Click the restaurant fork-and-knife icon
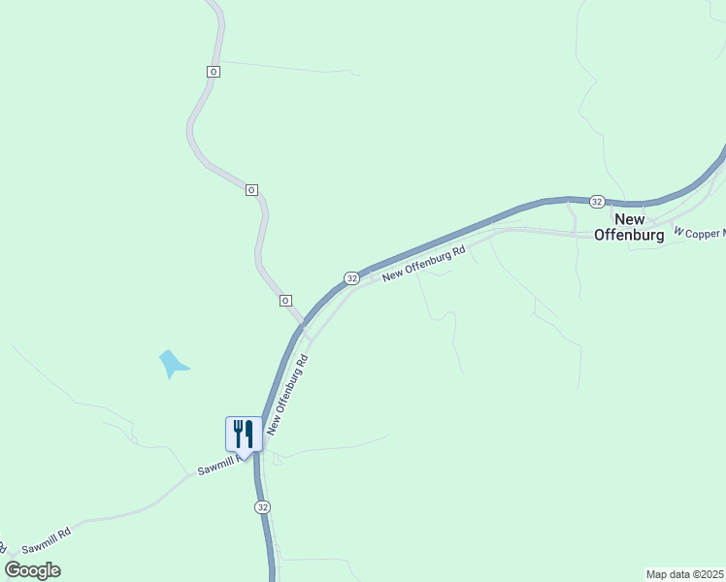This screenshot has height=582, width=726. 243,434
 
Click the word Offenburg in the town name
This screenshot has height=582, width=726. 629,235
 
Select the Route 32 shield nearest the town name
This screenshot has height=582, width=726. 597,201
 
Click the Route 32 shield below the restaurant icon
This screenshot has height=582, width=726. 263,507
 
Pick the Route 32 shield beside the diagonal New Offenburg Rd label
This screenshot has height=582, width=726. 351,278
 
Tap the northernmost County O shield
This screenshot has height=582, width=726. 214,72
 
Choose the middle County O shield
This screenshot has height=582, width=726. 251,190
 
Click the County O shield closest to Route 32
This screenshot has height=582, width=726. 286,301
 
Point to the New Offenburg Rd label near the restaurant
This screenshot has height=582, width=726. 288,394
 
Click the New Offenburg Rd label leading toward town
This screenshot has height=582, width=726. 424,263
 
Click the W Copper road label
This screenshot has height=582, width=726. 700,234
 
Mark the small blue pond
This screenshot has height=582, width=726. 173,364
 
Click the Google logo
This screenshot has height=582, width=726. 32,570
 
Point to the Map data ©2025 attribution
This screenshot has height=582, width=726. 684,573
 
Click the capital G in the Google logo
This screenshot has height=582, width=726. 13,569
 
